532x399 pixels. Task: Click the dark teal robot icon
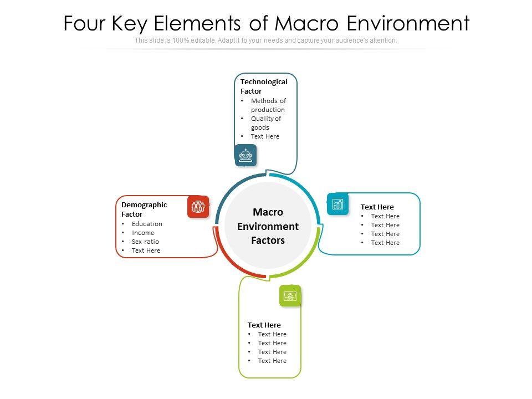coord(245,155)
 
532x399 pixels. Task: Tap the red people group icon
coord(198,207)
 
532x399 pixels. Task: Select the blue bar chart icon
coord(337,204)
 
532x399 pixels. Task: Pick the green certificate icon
coord(289,296)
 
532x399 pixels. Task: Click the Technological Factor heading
coord(264,86)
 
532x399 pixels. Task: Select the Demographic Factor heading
coord(144,209)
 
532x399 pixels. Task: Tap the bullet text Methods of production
coord(268,105)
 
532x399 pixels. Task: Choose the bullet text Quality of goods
coord(267,123)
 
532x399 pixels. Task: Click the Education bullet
coord(147,224)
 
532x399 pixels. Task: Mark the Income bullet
coord(143,233)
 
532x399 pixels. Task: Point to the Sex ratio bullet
coord(145,242)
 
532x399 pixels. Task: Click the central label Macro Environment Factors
coord(268,226)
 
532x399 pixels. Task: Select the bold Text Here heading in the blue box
coord(377,207)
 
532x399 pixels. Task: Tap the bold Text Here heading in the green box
coord(264,325)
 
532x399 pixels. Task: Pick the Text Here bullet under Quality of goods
coord(265,136)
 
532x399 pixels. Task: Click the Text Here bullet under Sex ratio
coord(146,250)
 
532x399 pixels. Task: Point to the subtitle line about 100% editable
coord(265,40)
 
